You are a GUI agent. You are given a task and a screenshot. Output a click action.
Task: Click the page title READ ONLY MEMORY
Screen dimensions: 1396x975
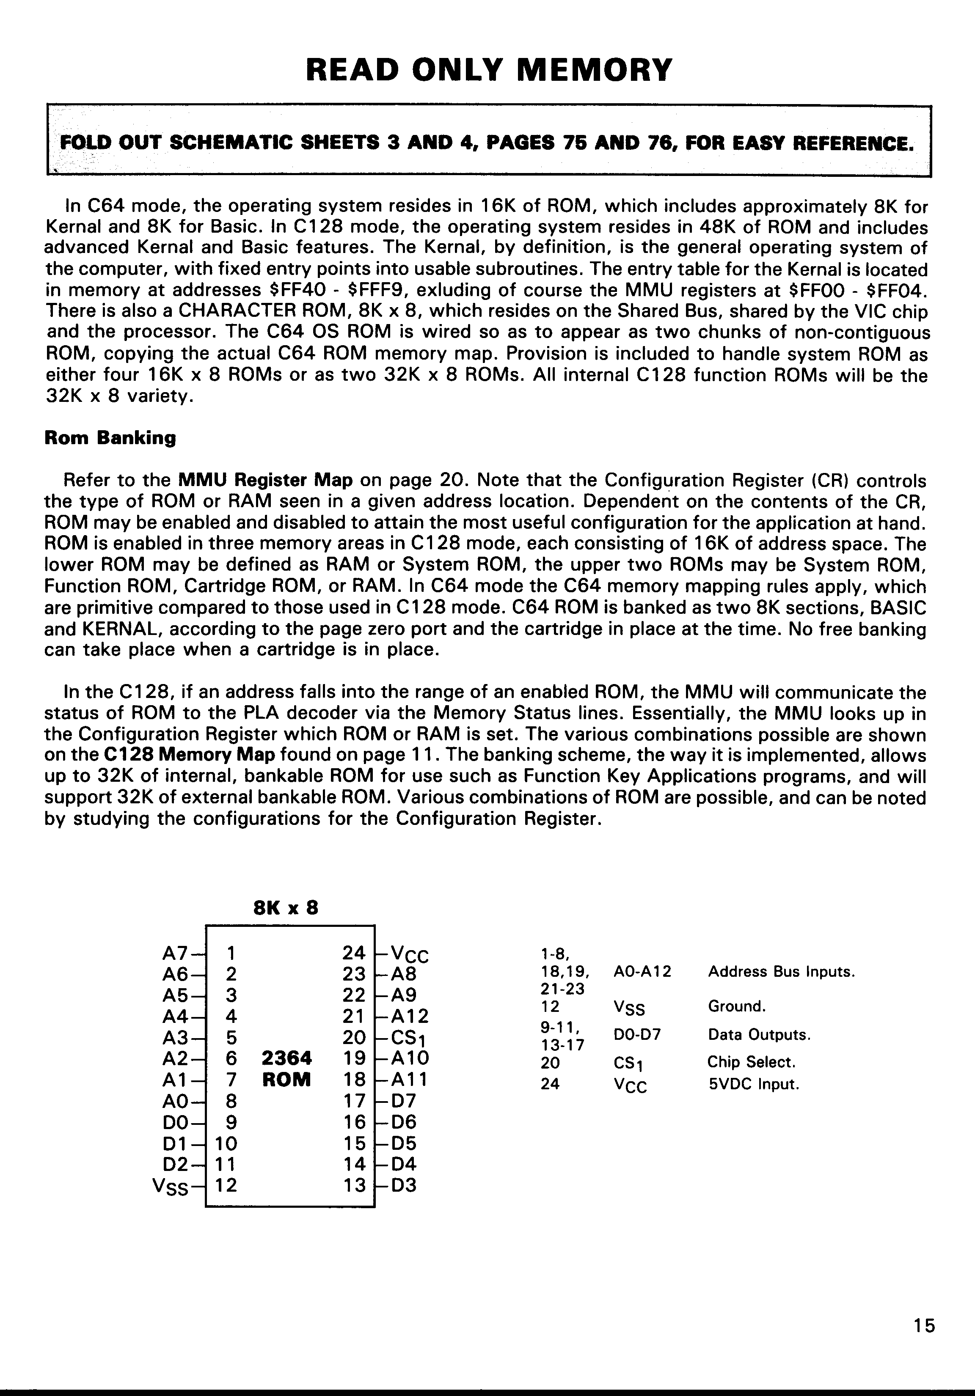pos(488,70)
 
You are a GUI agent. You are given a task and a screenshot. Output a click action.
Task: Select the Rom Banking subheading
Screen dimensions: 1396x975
pos(110,438)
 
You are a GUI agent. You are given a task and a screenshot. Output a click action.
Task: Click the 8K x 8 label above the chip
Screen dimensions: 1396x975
pos(285,908)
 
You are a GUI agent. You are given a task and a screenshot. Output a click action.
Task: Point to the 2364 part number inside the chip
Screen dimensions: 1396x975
pos(286,1058)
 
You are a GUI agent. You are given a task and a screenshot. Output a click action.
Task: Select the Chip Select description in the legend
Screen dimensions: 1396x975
pos(751,1062)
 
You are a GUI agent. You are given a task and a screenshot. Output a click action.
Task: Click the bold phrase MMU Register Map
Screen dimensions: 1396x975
pos(265,480)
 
